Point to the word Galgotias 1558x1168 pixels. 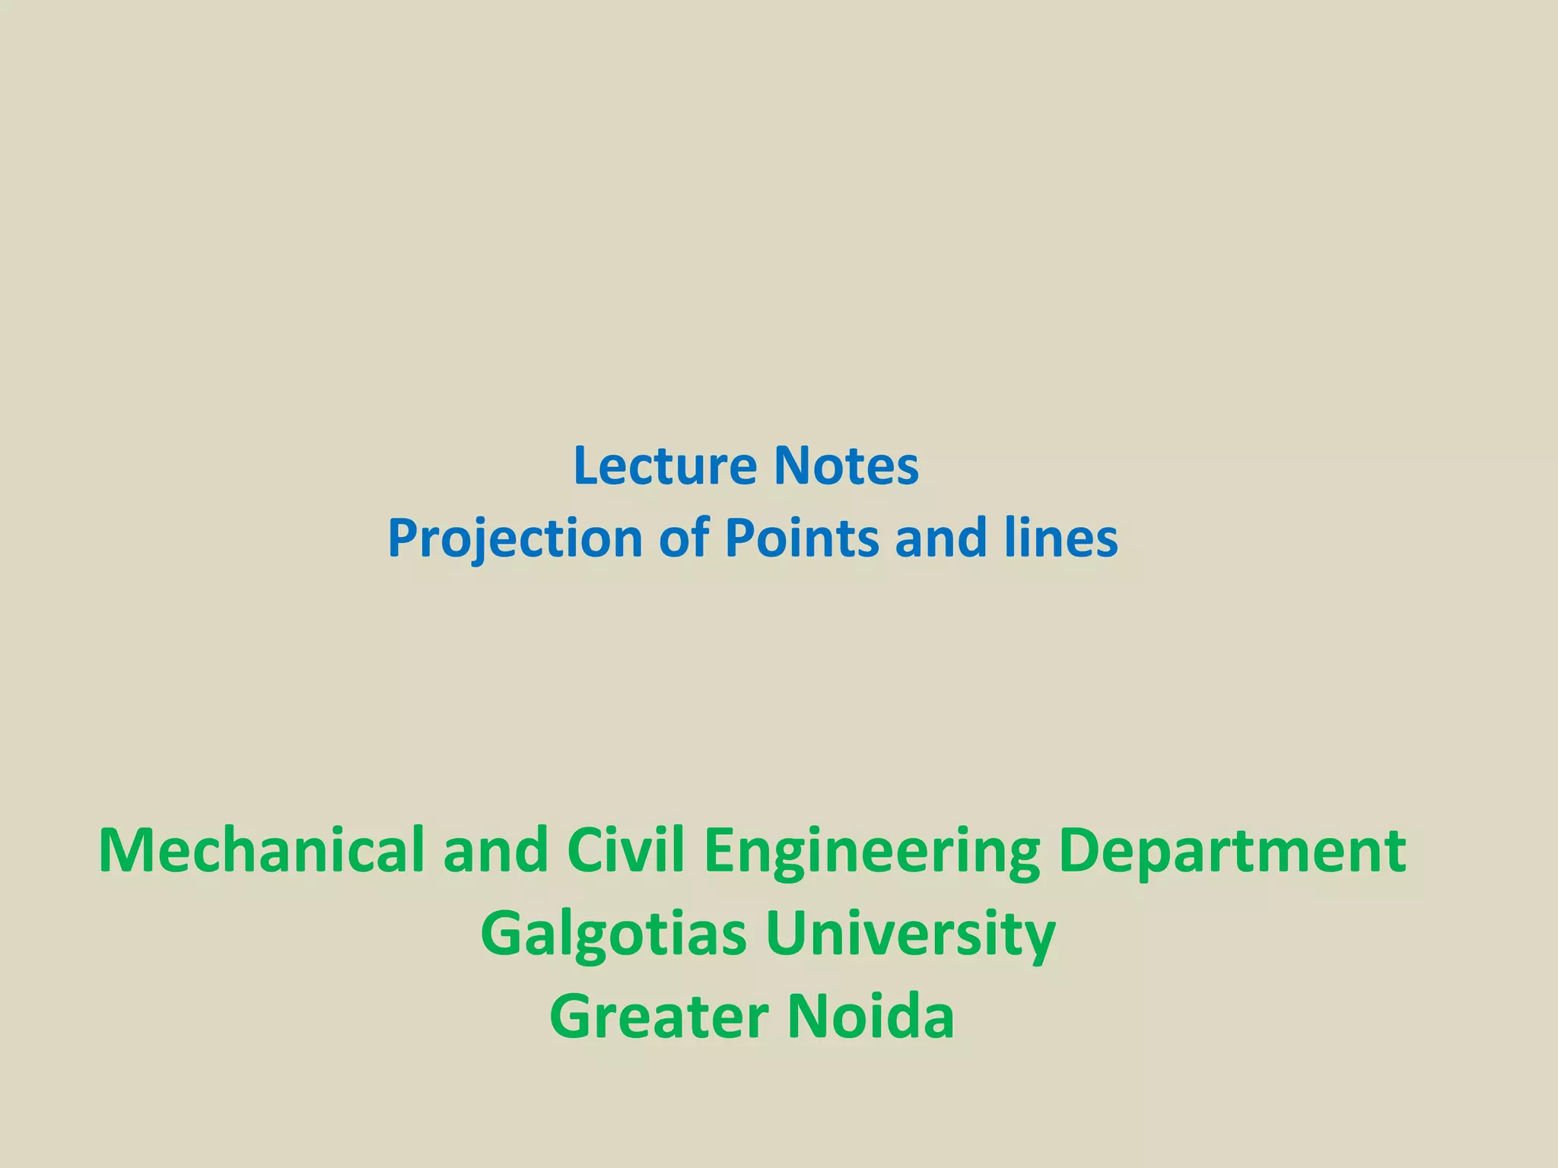click(613, 935)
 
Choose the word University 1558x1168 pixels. click(911, 935)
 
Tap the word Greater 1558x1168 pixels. click(659, 1017)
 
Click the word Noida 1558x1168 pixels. click(870, 1017)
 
